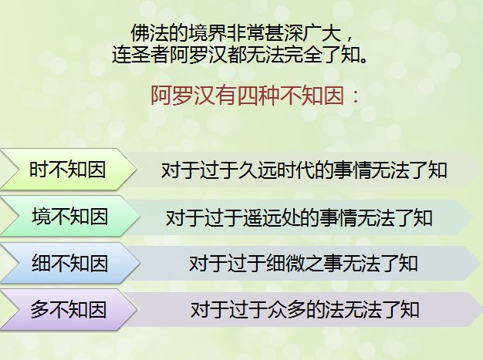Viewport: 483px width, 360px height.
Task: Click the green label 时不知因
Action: [x=68, y=170]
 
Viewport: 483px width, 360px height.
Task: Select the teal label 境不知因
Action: [x=70, y=217]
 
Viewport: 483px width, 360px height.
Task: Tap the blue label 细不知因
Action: [x=70, y=264]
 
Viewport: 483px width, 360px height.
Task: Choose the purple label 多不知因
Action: [x=69, y=310]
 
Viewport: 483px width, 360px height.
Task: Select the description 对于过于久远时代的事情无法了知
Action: [x=304, y=170]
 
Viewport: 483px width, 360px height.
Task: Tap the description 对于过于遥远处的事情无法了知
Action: [x=299, y=218]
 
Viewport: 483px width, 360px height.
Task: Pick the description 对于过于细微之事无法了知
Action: [x=303, y=264]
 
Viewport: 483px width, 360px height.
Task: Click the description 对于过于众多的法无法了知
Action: [x=305, y=310]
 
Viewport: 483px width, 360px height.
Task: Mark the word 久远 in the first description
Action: [x=258, y=170]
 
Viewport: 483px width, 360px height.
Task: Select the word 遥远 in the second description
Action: [x=262, y=218]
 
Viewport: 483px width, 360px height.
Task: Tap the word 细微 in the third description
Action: [x=285, y=264]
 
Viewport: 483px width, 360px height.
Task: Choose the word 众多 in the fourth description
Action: [x=286, y=310]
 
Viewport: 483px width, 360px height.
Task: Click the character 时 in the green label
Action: [x=39, y=170]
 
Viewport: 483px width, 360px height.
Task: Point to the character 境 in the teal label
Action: [x=41, y=217]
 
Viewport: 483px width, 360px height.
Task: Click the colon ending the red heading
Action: [x=356, y=96]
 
